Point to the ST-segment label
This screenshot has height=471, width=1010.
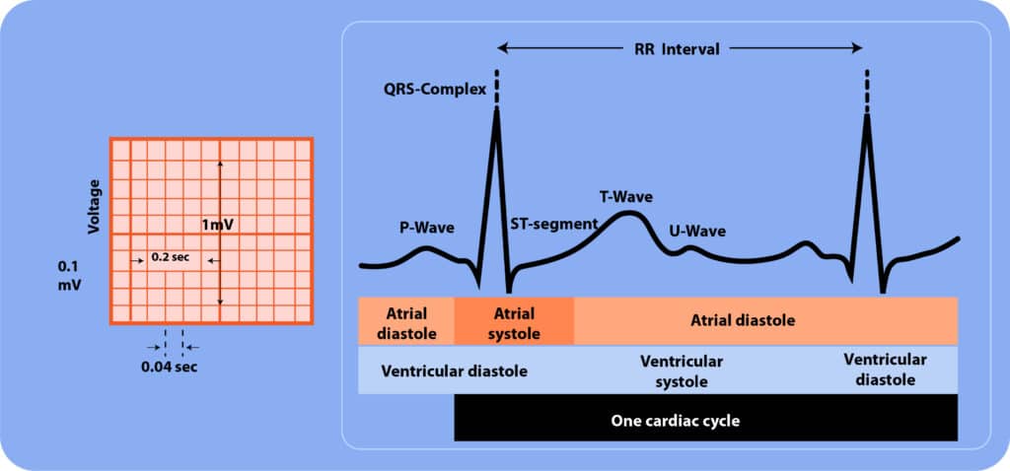[554, 224]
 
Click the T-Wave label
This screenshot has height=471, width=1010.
[626, 197]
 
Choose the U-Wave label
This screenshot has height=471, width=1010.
[697, 231]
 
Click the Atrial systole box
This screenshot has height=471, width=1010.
[514, 320]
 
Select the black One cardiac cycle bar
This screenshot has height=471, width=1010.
[706, 418]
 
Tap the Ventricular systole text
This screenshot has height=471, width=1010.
[682, 370]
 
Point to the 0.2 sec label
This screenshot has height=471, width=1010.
[170, 257]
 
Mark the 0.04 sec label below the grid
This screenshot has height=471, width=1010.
[170, 369]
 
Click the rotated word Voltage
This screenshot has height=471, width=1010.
[95, 207]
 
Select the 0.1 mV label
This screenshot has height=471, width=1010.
[69, 275]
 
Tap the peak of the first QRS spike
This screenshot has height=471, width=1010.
[496, 109]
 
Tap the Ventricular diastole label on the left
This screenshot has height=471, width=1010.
[455, 371]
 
